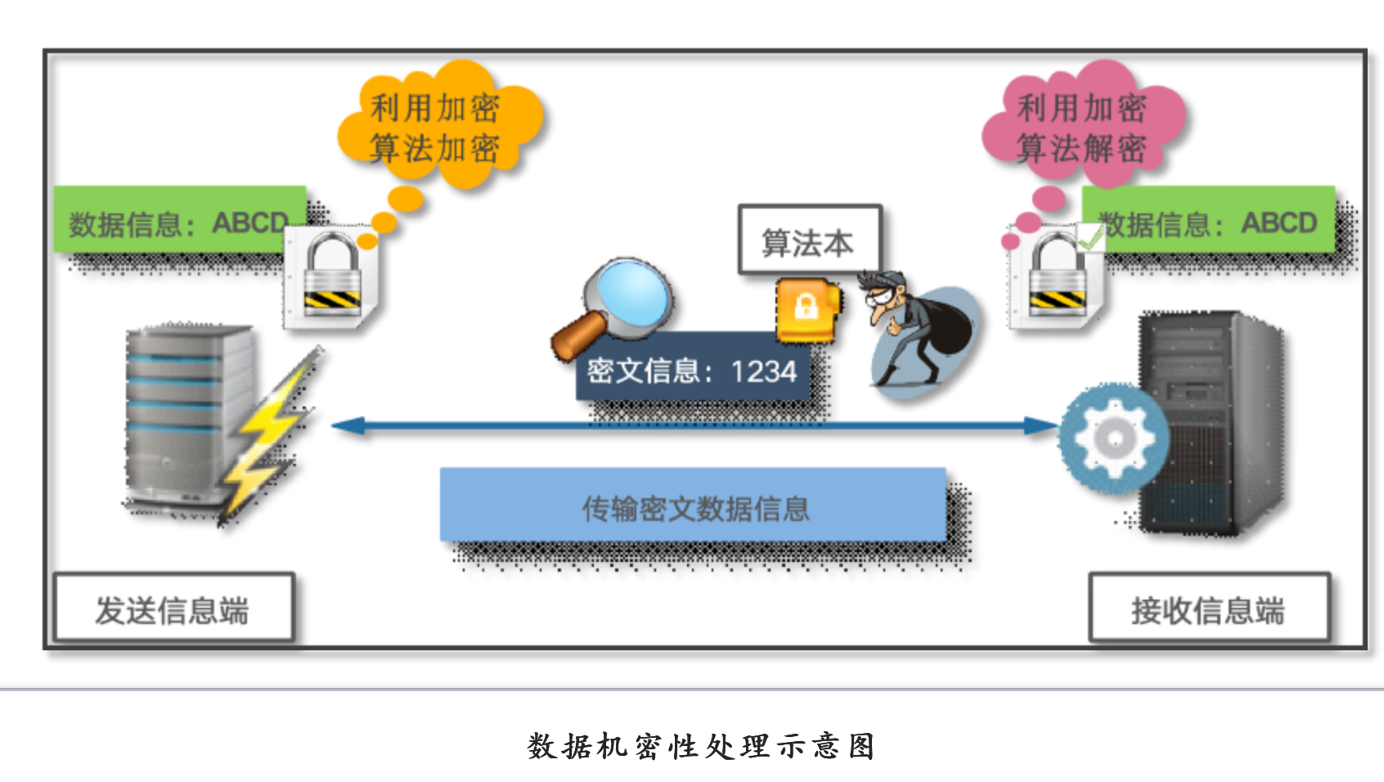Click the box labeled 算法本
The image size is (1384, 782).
tap(809, 240)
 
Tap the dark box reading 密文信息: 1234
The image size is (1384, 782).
tap(692, 370)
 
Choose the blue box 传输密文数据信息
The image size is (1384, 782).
tap(693, 506)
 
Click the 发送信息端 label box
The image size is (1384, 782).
tap(173, 609)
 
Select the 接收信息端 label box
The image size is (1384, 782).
tap(1208, 609)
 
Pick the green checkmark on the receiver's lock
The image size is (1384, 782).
tap(1090, 239)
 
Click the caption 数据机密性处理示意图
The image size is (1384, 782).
tap(700, 746)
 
